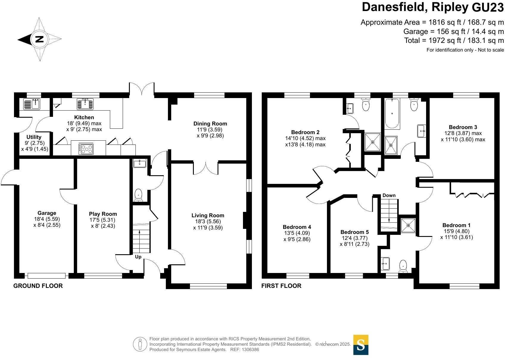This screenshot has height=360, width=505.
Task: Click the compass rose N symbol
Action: pos(40,39)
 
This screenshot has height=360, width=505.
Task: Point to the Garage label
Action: pos(47,213)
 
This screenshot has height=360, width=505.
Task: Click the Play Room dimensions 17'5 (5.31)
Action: pos(103,220)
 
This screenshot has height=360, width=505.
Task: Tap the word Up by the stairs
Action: pos(138,257)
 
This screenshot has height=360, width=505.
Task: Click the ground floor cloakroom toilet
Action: pos(138,195)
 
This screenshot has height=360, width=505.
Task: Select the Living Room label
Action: pos(208,215)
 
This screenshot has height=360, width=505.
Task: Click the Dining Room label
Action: pos(210,123)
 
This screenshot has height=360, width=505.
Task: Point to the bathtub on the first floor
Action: pos(392,113)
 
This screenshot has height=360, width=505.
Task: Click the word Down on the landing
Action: pos(389,195)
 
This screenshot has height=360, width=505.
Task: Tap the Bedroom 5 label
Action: pos(355,232)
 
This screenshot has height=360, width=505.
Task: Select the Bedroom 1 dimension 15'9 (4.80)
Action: pos(456,231)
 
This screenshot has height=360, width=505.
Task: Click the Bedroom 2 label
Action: pos(305,132)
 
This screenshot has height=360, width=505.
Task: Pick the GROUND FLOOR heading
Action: pos(38,286)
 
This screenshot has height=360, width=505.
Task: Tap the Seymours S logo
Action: pos(361,345)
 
